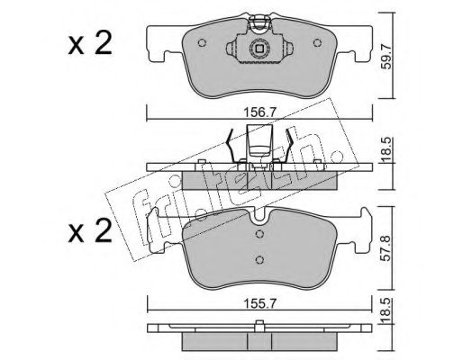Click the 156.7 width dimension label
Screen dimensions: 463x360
(259, 113)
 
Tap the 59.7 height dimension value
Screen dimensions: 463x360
(387, 56)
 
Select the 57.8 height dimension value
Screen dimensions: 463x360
(387, 248)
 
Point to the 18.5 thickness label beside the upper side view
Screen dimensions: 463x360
(387, 150)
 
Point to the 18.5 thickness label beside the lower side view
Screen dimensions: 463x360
(387, 310)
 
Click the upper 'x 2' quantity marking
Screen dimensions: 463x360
(90, 43)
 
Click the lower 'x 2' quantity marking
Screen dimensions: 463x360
(90, 230)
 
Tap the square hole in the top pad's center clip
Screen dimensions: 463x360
(259, 48)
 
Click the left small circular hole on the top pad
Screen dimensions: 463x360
(202, 43)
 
